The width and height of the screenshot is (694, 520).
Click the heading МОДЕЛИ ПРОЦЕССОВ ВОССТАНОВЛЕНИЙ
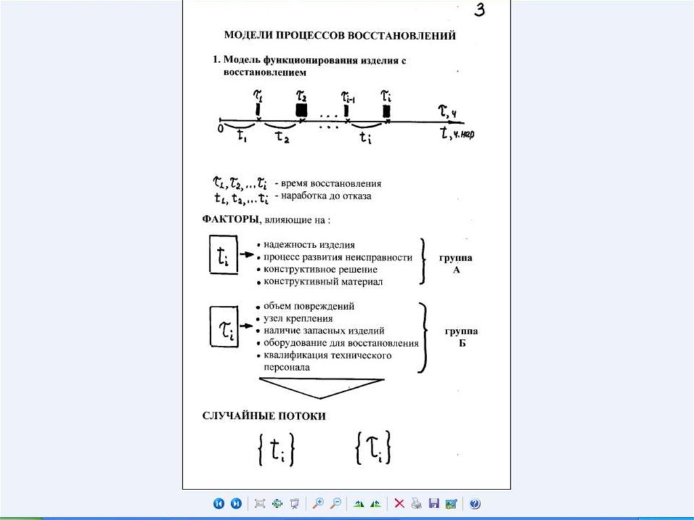pos(340,35)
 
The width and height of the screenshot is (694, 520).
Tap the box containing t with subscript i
pos(223,254)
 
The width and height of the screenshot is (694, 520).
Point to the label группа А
pos(455,264)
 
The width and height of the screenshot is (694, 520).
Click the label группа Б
pos(461,337)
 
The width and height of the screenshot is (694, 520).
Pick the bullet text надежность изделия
pos(310,245)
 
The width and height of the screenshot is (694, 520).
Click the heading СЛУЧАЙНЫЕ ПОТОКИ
pos(264,416)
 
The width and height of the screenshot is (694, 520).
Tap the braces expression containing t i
pos(276,449)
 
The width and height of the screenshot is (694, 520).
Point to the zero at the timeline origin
pos(220,127)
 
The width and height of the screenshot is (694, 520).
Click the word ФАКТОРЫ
pos(228,220)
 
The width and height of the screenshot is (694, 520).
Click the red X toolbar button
pos(399,504)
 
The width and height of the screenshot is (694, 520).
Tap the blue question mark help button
pos(474,504)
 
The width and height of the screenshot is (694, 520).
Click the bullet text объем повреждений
pos(309,306)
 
